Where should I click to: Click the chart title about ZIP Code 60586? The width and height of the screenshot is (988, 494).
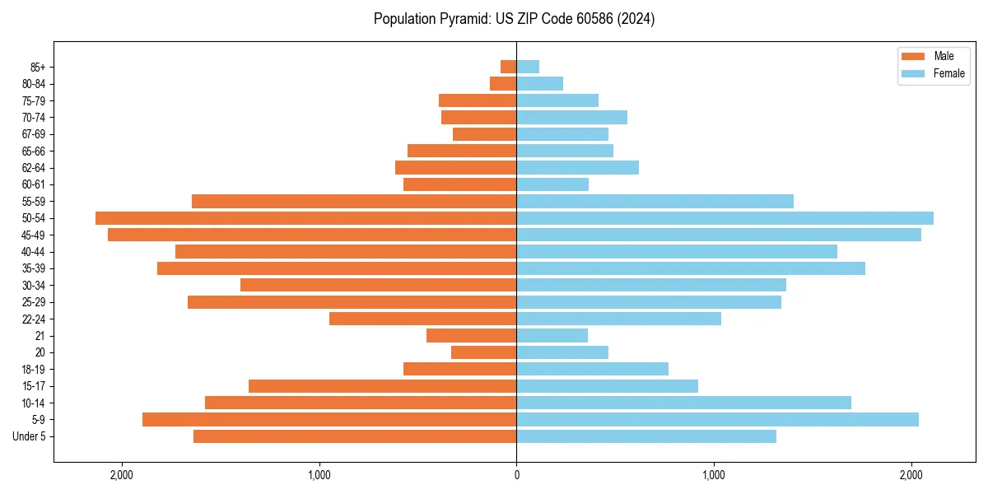[514, 19]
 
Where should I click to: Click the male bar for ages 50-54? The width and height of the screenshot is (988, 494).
[305, 218]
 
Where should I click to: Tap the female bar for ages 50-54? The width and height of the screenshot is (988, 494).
[725, 218]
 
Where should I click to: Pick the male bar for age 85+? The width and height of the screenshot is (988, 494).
[508, 67]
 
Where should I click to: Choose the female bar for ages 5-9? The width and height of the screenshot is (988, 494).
[717, 420]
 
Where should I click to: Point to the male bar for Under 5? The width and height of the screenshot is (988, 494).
[355, 436]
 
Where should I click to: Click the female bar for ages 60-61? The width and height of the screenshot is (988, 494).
[552, 184]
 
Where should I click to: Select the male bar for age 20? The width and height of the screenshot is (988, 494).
[483, 352]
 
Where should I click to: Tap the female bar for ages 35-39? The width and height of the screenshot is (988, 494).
[691, 268]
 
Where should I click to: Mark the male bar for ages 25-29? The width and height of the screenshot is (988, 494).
[352, 302]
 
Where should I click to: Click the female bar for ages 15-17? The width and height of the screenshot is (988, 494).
[607, 386]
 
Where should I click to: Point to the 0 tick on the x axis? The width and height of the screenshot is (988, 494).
[516, 474]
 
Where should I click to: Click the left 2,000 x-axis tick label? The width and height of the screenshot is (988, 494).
[121, 474]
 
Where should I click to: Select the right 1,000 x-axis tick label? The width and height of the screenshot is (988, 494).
[714, 474]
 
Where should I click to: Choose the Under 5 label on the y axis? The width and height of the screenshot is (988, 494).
[30, 436]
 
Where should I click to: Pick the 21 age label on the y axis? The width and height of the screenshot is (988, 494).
[40, 336]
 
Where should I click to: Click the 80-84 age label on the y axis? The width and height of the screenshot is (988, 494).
[33, 84]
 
